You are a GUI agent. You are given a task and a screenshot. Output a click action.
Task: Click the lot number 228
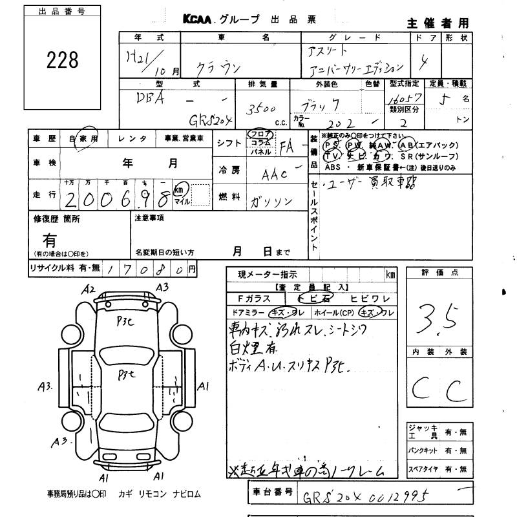tap(63, 60)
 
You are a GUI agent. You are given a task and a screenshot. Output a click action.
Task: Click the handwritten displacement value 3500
tap(262, 109)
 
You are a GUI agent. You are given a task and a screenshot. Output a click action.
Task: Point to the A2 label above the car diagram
tap(89, 290)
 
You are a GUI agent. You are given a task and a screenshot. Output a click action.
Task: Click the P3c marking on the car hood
tap(125, 325)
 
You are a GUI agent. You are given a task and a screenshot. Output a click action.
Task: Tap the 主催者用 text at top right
tap(438, 23)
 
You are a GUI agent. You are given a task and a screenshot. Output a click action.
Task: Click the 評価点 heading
tap(439, 273)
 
